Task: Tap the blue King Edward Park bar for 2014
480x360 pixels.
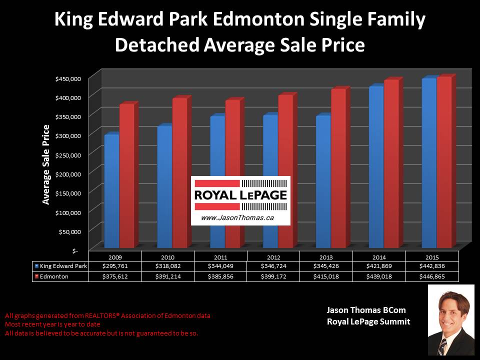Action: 375,167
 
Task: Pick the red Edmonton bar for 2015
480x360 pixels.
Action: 444,162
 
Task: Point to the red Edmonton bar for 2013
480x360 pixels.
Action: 338,167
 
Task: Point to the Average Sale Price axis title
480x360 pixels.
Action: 46,164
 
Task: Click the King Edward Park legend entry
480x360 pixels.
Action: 60,266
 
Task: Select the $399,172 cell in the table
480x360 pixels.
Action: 273,275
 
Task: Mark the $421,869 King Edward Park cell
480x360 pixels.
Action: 379,266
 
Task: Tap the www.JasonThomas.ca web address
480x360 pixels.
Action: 230,218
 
